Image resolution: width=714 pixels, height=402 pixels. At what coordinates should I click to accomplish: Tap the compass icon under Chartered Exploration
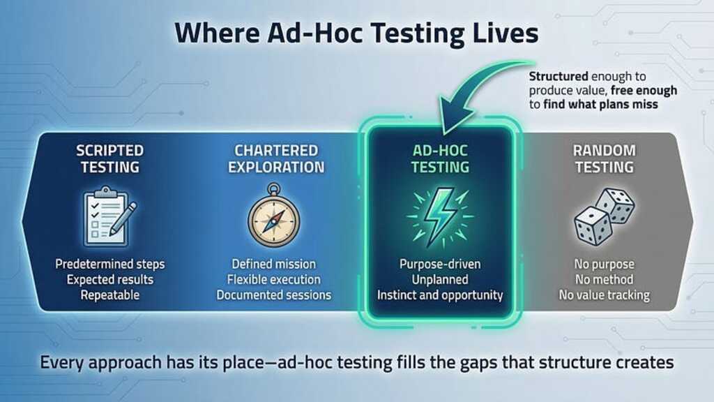click(274, 217)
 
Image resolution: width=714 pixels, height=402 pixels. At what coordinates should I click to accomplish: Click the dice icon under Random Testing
click(604, 217)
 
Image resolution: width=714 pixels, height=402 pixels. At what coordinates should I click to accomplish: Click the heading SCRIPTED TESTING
click(110, 158)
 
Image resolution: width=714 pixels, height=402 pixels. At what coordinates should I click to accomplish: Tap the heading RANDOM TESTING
click(604, 158)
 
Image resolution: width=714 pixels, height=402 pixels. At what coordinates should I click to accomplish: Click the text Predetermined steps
click(110, 265)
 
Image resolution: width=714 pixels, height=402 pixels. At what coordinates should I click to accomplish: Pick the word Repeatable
click(110, 295)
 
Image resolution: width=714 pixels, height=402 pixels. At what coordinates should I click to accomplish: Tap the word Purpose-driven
click(439, 265)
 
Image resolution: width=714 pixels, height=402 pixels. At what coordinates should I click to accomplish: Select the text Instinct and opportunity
click(439, 295)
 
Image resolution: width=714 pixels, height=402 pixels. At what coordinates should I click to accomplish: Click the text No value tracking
click(604, 295)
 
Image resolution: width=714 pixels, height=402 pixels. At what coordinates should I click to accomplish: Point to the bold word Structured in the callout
click(556, 76)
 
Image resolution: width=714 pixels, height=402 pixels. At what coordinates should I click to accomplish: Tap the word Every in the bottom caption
click(61, 363)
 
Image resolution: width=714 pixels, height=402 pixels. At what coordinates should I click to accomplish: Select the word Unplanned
click(439, 280)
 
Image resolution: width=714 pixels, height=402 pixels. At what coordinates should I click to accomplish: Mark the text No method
click(604, 280)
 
